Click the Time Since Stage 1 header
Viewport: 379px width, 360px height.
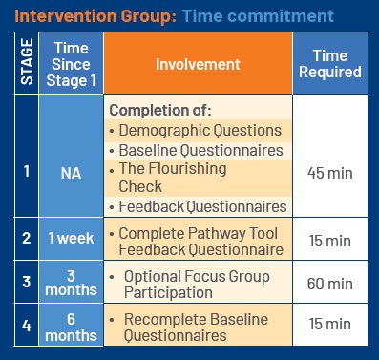click(73, 63)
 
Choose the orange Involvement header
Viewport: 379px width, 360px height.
click(200, 63)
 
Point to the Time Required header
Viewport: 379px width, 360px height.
click(329, 63)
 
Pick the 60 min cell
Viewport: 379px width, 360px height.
click(329, 284)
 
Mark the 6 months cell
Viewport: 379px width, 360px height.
click(73, 326)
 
